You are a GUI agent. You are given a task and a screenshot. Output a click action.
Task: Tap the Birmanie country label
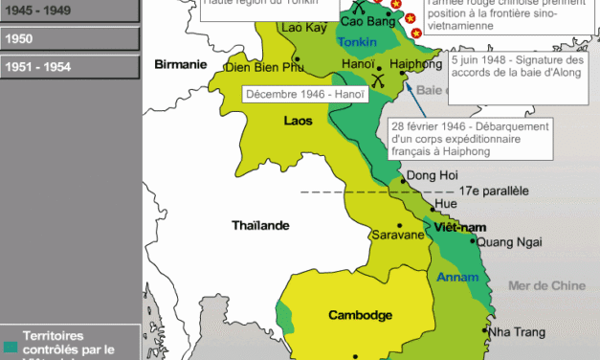(181, 64)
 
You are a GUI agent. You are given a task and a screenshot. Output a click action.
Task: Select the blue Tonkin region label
(358, 44)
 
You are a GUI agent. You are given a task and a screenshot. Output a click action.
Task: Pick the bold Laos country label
(299, 121)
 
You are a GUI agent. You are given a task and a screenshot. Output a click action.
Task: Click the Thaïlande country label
(260, 225)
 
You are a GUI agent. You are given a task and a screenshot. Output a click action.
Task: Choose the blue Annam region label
(456, 278)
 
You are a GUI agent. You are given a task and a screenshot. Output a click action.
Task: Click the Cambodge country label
(360, 314)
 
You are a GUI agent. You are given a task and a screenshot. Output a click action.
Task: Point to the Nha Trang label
(517, 331)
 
